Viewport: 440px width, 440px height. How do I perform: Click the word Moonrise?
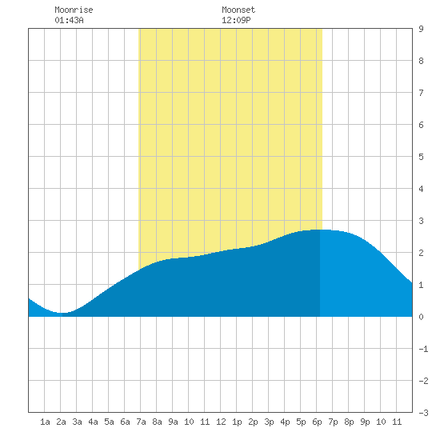pyautogui.click(x=74, y=10)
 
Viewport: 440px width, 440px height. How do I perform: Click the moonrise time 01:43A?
pyautogui.click(x=69, y=20)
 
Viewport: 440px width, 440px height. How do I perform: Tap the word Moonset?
pyautogui.click(x=238, y=10)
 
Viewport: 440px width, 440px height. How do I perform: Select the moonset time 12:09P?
pyautogui.click(x=236, y=20)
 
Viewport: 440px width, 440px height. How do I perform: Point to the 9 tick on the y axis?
pyautogui.click(x=421, y=29)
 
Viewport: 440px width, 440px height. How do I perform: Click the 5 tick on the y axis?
pyautogui.click(x=421, y=157)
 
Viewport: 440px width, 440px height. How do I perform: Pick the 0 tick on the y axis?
pyautogui.click(x=421, y=317)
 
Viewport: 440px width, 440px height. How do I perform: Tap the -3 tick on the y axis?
pyautogui.click(x=423, y=413)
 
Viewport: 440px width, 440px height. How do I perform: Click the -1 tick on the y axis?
pyautogui.click(x=423, y=349)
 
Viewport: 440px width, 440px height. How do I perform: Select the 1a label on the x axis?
pyautogui.click(x=45, y=422)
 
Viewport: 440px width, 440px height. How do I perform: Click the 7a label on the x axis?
pyautogui.click(x=141, y=422)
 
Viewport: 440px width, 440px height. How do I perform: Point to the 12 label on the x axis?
pyautogui.click(x=221, y=422)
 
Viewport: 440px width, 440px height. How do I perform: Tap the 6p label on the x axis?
pyautogui.click(x=317, y=422)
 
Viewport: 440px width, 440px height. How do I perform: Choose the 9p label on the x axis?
pyautogui.click(x=365, y=422)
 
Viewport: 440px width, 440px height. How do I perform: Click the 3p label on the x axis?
pyautogui.click(x=269, y=422)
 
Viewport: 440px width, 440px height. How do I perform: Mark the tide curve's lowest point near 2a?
pyautogui.click(x=62, y=313)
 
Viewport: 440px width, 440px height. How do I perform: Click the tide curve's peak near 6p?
pyautogui.click(x=320, y=230)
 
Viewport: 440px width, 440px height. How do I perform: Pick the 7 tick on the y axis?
pyautogui.click(x=421, y=93)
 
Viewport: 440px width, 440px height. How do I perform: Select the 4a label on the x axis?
pyautogui.click(x=93, y=422)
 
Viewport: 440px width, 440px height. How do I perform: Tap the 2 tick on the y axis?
pyautogui.click(x=421, y=253)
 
